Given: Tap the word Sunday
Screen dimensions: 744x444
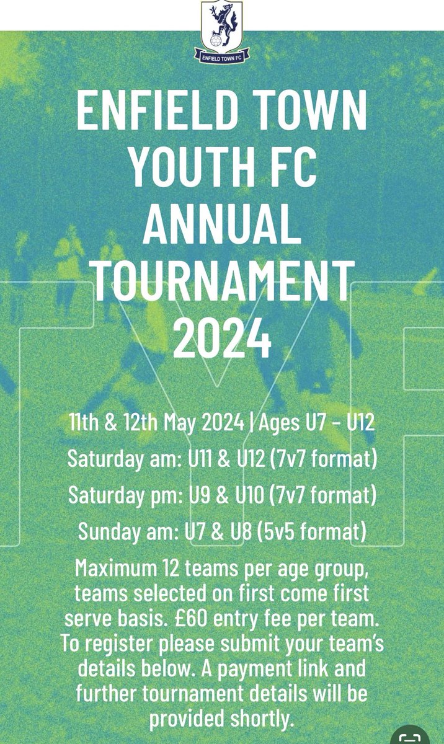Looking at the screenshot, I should [107, 531].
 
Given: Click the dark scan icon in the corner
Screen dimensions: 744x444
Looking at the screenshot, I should [410, 736].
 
